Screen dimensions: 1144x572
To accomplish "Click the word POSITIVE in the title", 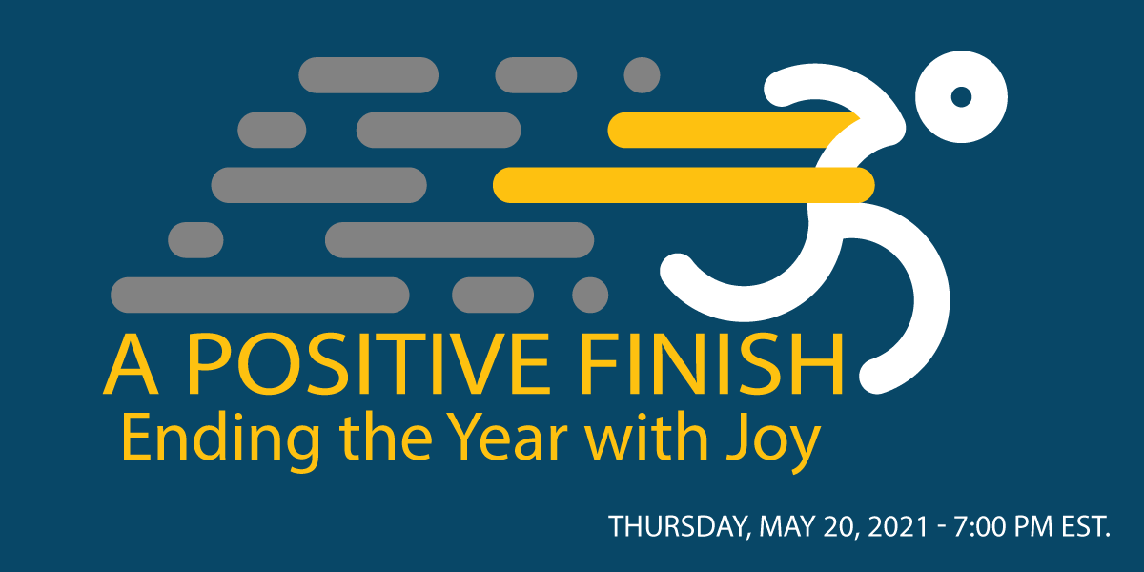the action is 368,363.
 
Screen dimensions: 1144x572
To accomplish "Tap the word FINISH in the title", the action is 711,363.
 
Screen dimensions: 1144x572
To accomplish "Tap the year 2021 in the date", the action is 897,526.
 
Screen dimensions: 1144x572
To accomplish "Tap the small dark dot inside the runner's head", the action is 961,97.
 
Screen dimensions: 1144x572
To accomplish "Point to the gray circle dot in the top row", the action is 642,75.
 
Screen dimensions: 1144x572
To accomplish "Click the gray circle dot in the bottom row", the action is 590,295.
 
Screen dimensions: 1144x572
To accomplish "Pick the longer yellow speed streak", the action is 684,185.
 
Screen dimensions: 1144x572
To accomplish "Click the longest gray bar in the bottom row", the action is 260,295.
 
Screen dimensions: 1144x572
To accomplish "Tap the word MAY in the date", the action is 787,526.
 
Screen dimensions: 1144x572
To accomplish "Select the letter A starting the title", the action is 131,363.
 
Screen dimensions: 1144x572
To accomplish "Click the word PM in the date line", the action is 1033,526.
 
